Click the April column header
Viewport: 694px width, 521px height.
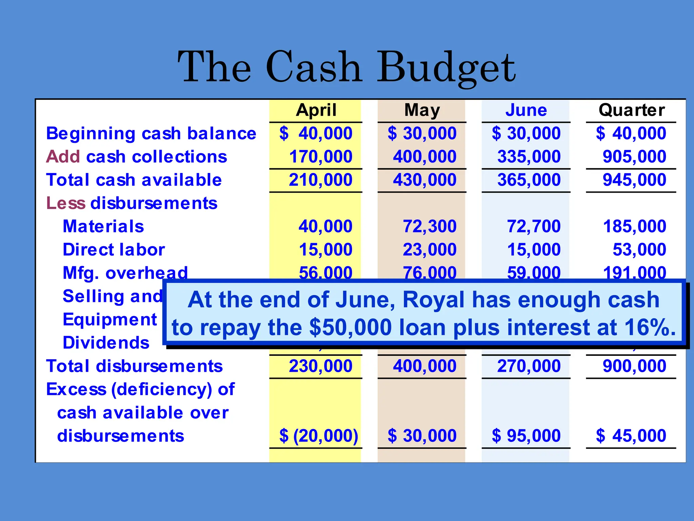[316, 110]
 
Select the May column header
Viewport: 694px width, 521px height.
[422, 110]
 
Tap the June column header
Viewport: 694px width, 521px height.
[526, 110]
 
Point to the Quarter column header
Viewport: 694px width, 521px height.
[632, 110]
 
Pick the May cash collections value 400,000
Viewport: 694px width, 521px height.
[425, 157]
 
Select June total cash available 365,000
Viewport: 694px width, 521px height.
[529, 180]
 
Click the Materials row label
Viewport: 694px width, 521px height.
[103, 226]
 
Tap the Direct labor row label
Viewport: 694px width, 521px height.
[114, 250]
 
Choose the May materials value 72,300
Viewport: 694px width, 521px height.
[429, 226]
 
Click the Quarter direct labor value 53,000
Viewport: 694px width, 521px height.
[639, 250]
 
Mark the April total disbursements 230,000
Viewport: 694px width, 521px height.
[320, 366]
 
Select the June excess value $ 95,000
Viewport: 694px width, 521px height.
[526, 436]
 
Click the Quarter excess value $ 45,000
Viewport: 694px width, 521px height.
[631, 436]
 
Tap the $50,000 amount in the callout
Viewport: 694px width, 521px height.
[350, 328]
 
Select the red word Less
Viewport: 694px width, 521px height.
[66, 203]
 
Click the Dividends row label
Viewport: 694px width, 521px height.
[106, 343]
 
